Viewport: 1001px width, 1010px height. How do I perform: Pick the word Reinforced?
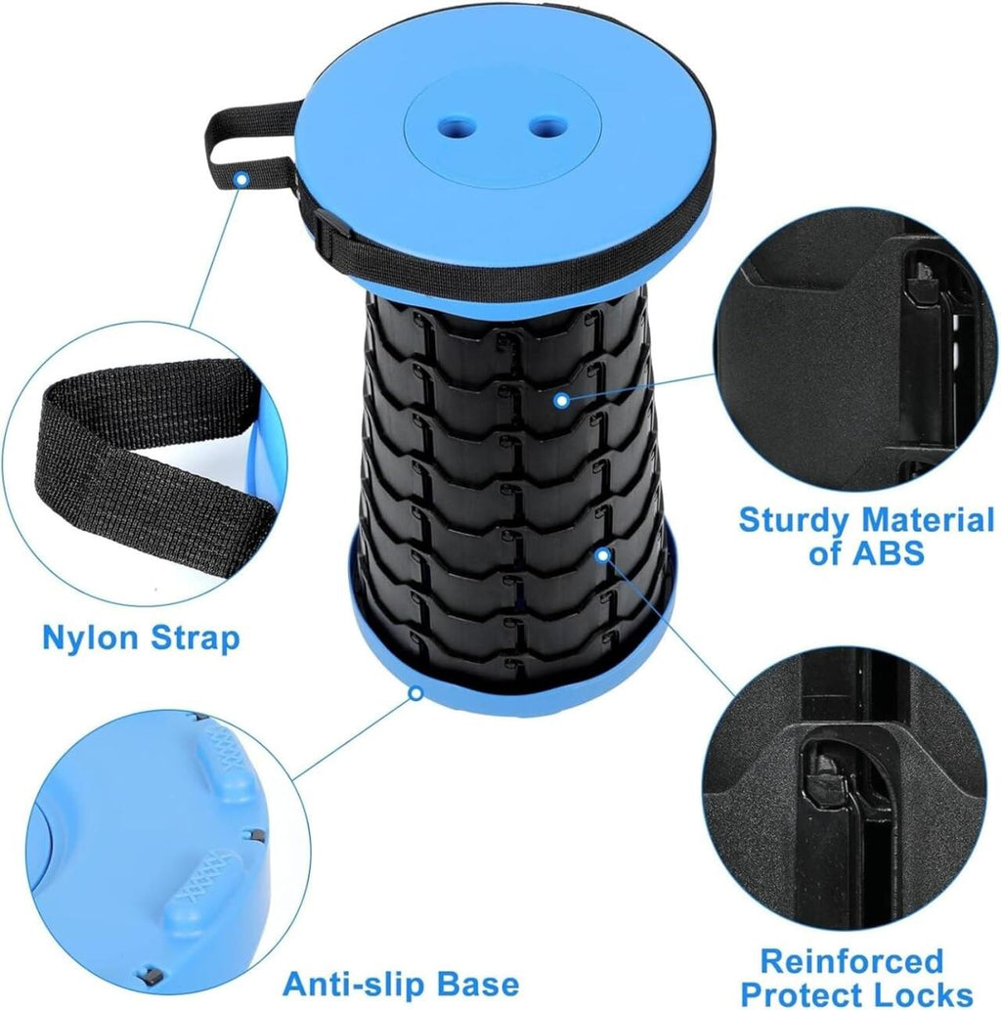[x=850, y=960]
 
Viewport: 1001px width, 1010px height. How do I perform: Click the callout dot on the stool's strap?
[x=240, y=177]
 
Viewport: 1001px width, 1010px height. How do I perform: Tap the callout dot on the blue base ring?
[x=415, y=693]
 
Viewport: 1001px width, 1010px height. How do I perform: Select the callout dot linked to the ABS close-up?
[x=560, y=399]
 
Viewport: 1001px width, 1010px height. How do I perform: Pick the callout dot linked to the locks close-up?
[x=603, y=554]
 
